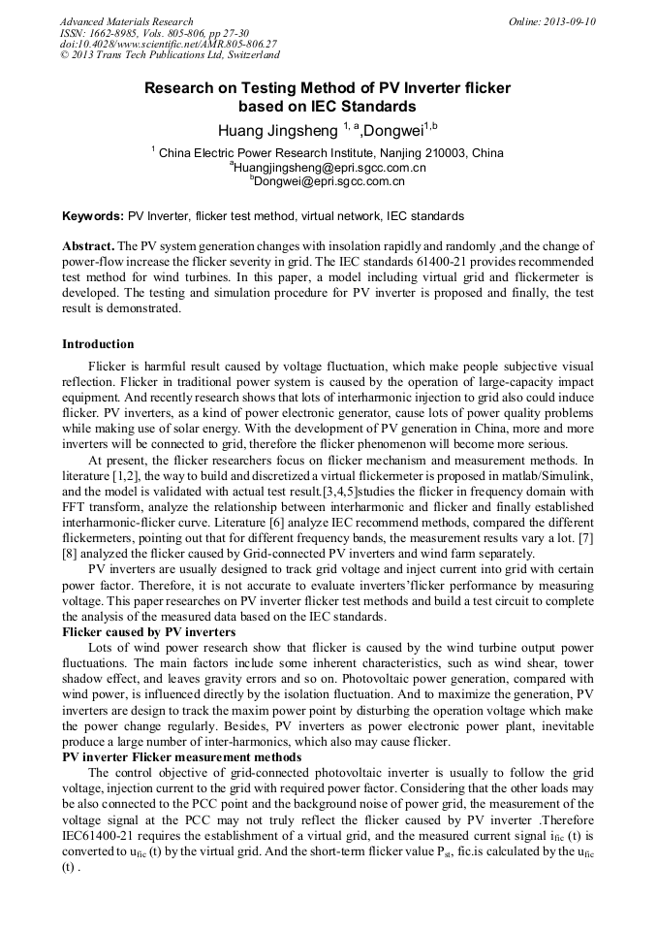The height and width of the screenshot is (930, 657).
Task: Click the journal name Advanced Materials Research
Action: tap(126, 21)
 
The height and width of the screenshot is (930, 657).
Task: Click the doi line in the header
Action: tap(168, 45)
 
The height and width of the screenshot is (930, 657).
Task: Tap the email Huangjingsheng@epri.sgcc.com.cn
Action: tap(328, 167)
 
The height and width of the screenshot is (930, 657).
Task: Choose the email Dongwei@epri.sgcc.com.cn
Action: tap(328, 180)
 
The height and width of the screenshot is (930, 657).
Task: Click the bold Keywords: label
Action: tap(93, 216)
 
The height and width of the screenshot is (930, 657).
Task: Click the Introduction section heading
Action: tap(98, 344)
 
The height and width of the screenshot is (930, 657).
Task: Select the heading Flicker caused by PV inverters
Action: tap(148, 631)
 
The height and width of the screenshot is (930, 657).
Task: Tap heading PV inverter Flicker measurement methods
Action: tap(181, 756)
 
